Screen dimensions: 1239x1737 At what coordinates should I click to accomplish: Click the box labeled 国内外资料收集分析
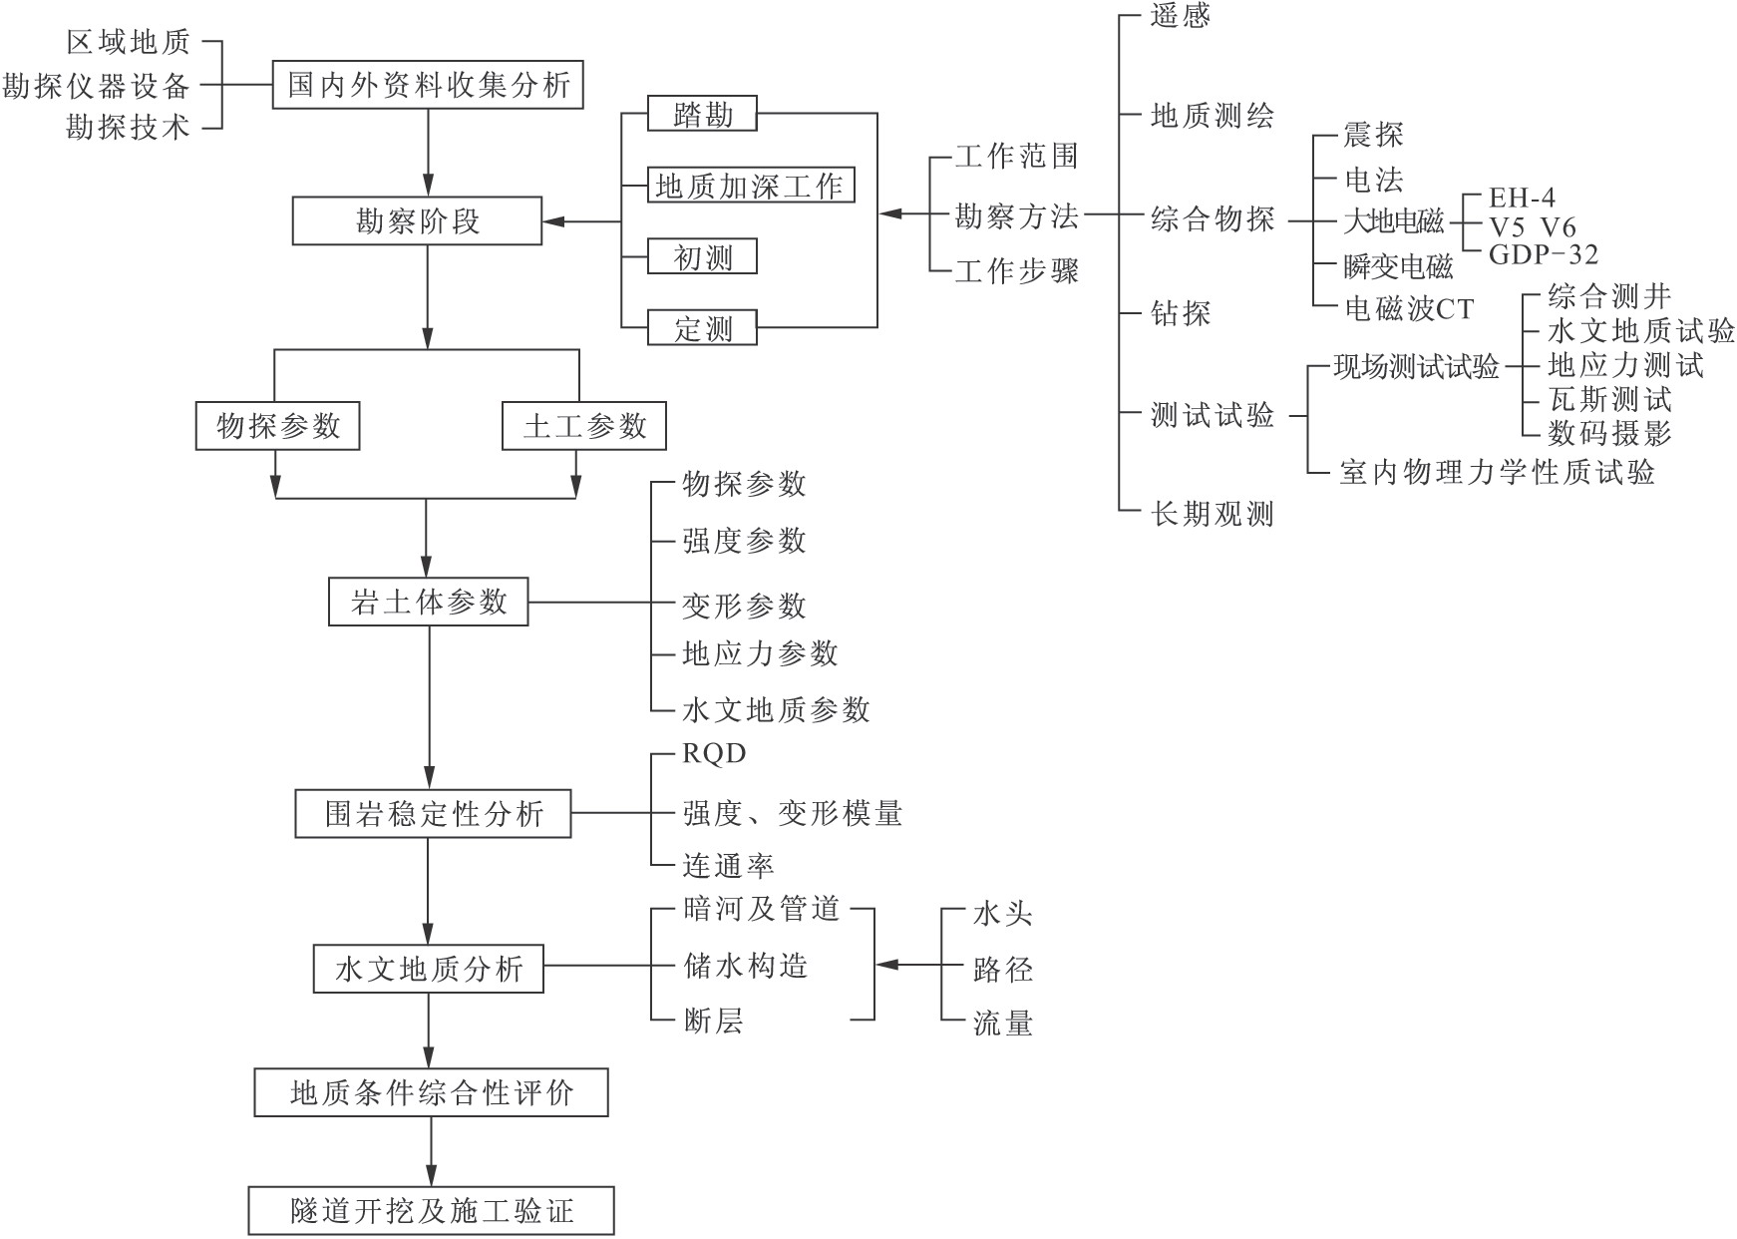pyautogui.click(x=428, y=85)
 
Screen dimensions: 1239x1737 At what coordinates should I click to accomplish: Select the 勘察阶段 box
pyautogui.click(x=417, y=220)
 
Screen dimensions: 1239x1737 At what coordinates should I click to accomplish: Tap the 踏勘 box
pyautogui.click(x=702, y=115)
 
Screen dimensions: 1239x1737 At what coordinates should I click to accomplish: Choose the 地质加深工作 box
pyautogui.click(x=751, y=186)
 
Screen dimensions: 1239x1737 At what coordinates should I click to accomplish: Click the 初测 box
pyautogui.click(x=702, y=257)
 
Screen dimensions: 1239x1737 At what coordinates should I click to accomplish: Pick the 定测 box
pyautogui.click(x=702, y=328)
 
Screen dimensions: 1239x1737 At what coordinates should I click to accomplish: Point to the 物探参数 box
pyautogui.click(x=277, y=427)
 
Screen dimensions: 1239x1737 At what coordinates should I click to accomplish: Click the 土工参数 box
pyautogui.click(x=583, y=427)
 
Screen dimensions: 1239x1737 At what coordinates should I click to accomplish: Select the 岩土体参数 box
pyautogui.click(x=428, y=603)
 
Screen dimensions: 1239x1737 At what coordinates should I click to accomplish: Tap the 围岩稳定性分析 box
pyautogui.click(x=433, y=814)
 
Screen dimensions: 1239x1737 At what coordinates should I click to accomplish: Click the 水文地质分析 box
pyautogui.click(x=428, y=969)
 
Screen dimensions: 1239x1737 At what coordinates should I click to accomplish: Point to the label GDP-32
pyautogui.click(x=1543, y=255)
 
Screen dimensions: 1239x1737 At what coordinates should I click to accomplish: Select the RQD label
pyautogui.click(x=714, y=753)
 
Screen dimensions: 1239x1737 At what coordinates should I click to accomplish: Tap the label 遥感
pyautogui.click(x=1181, y=17)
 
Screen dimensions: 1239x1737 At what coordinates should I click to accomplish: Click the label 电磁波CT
pyautogui.click(x=1409, y=309)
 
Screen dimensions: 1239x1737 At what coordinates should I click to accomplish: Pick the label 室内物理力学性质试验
pyautogui.click(x=1497, y=472)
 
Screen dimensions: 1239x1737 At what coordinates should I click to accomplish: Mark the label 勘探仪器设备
pyautogui.click(x=96, y=86)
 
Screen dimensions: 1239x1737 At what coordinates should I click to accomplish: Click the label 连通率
pyautogui.click(x=728, y=865)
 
